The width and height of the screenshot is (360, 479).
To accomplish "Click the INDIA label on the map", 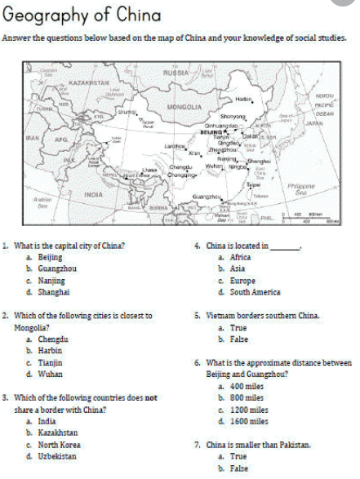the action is tap(94, 194).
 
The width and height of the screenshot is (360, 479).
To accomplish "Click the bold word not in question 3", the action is tap(152, 397).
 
